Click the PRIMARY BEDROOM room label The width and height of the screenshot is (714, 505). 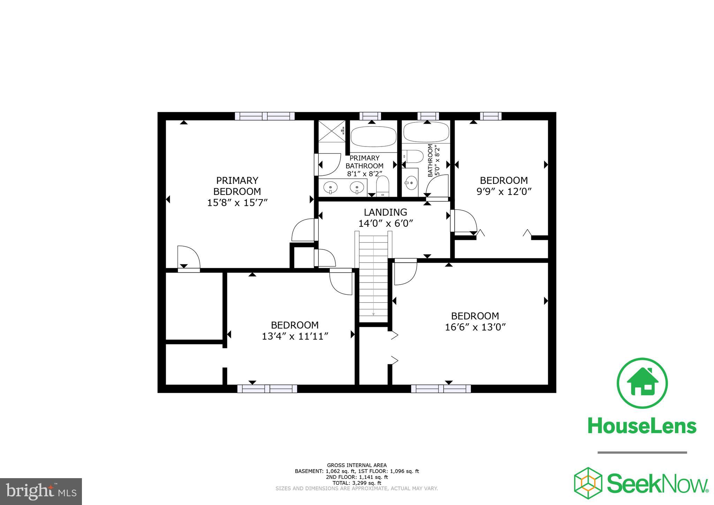coord(237,186)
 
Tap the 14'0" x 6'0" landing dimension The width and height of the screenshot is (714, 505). coord(386,223)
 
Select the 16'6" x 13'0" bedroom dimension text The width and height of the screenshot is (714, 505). coord(475,327)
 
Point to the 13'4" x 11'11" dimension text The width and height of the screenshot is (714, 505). coord(295,336)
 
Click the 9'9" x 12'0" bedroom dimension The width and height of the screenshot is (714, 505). coord(504,191)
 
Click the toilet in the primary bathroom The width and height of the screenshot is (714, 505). coord(382,186)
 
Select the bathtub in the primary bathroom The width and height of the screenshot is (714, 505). coord(373,137)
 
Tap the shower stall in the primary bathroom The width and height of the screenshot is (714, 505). coord(332,131)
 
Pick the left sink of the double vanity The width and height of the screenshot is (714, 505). coord(330,188)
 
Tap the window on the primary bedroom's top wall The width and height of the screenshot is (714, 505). coord(265,116)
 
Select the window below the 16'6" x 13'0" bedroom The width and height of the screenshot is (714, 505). coord(441,389)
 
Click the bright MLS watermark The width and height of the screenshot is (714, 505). coord(41,491)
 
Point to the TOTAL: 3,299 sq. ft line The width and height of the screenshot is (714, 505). coord(357,483)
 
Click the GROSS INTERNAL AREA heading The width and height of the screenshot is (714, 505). coord(357,465)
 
